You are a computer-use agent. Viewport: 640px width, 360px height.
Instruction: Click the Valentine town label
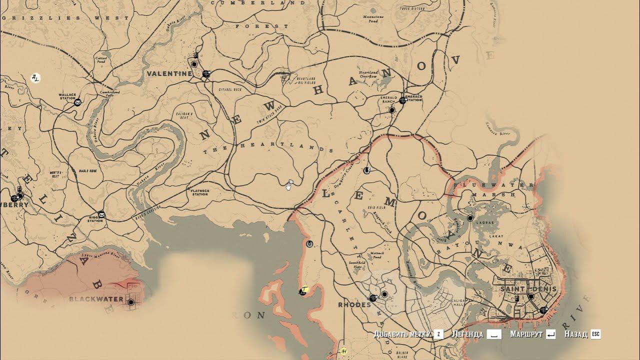click(x=169, y=73)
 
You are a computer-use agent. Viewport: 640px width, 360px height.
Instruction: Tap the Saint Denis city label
click(x=524, y=289)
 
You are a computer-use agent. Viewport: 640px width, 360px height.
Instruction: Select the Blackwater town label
click(x=96, y=299)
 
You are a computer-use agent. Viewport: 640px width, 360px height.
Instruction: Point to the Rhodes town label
click(x=354, y=304)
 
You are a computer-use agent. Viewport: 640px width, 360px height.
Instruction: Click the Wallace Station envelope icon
click(x=77, y=102)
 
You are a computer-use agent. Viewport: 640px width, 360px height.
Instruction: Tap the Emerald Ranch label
click(x=389, y=99)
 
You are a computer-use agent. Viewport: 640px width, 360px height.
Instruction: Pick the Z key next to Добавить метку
click(x=438, y=334)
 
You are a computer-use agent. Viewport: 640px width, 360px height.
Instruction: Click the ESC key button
click(x=595, y=334)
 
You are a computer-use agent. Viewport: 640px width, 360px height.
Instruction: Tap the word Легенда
click(x=467, y=334)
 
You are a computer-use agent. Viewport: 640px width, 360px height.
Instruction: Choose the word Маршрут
click(x=526, y=334)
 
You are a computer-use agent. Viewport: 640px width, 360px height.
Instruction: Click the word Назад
click(x=576, y=334)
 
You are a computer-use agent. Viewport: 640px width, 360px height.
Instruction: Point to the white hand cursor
click(x=288, y=186)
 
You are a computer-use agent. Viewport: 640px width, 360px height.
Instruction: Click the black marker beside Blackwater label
click(x=131, y=302)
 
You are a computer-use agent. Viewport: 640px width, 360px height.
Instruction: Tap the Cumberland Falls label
click(x=110, y=93)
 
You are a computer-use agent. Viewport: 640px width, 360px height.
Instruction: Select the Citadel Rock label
click(x=230, y=89)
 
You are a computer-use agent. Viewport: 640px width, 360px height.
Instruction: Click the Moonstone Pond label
click(x=373, y=18)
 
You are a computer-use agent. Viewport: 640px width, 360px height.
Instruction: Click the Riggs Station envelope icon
click(x=102, y=215)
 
